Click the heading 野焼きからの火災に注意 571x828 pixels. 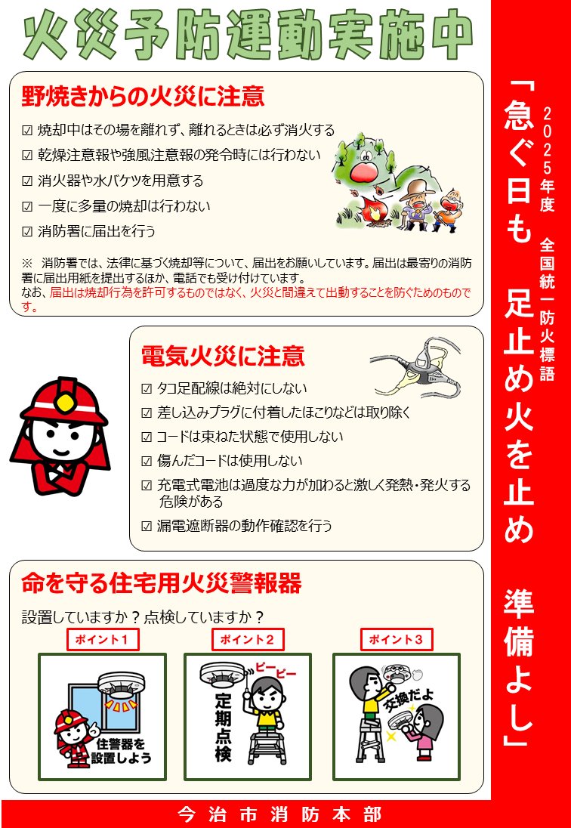[x=143, y=97]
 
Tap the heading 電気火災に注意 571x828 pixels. [x=223, y=355]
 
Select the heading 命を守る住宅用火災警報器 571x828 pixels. [x=162, y=583]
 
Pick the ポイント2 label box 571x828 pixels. [x=248, y=639]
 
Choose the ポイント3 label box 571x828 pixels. [x=396, y=639]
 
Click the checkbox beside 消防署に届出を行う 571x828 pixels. [x=27, y=231]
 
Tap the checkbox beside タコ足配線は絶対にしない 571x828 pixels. [x=147, y=389]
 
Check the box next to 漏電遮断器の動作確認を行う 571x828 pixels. [x=147, y=526]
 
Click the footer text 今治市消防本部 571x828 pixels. [x=279, y=814]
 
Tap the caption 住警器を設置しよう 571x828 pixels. [x=125, y=750]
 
